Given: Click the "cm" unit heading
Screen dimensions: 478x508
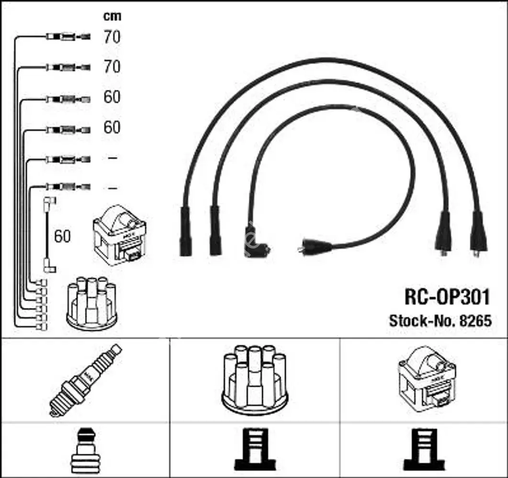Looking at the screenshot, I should coord(113,16).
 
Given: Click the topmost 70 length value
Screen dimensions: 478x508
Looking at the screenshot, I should coord(112,37).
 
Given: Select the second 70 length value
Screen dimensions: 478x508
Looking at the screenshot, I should coord(112,67).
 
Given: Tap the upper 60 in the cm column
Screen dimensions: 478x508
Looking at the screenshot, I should coord(112,97).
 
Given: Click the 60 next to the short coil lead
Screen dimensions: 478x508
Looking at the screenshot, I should coord(62,236).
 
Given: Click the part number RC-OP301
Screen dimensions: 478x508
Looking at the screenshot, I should coord(448,297).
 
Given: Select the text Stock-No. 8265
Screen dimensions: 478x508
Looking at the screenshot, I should coord(440,321).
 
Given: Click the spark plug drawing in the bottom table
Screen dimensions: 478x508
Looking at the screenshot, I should coord(86,380).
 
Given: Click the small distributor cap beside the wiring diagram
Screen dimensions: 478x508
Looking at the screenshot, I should coord(92,304).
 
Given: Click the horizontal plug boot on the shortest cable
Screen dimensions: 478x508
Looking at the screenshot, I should coord(315,247).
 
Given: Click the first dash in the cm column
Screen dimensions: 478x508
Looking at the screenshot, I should coord(112,158).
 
